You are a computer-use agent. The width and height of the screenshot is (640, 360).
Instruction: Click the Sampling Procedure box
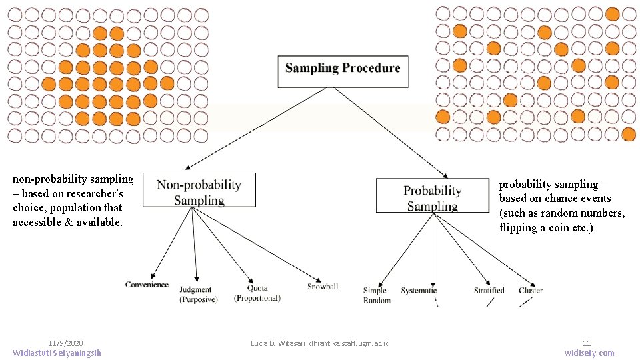pyautogui.click(x=343, y=69)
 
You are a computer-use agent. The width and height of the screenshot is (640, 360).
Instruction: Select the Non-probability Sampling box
pyautogui.click(x=199, y=193)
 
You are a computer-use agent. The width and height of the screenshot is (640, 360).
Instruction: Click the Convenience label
pyautogui.click(x=147, y=285)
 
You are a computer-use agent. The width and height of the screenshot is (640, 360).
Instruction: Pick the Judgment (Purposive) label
pyautogui.click(x=195, y=294)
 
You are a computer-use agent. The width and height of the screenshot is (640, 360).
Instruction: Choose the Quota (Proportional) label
pyautogui.click(x=257, y=293)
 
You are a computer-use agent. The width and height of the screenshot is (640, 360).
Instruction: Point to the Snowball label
pyautogui.click(x=323, y=287)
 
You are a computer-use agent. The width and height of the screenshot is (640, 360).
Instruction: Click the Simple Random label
pyautogui.click(x=377, y=295)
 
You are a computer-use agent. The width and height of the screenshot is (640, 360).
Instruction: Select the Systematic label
pyautogui.click(x=419, y=291)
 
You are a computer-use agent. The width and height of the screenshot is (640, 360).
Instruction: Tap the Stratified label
pyautogui.click(x=489, y=291)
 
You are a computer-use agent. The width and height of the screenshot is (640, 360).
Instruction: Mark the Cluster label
pyautogui.click(x=531, y=291)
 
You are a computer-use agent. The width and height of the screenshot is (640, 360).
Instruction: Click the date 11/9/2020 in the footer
pyautogui.click(x=65, y=341)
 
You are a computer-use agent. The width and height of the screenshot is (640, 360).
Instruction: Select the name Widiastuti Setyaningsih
pyautogui.click(x=57, y=353)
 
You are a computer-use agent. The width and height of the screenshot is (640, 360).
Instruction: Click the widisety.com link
pyautogui.click(x=589, y=353)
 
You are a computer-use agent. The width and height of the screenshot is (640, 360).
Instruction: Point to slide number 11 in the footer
pyautogui.click(x=587, y=342)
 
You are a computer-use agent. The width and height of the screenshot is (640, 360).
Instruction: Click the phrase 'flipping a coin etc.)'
pyautogui.click(x=546, y=228)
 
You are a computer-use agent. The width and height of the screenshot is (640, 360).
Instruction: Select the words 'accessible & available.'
pyautogui.click(x=67, y=223)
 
